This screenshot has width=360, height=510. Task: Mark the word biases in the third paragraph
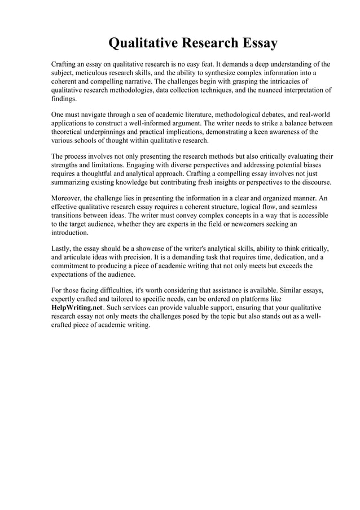point(318,165)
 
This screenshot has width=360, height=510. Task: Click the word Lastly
point(62,249)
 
